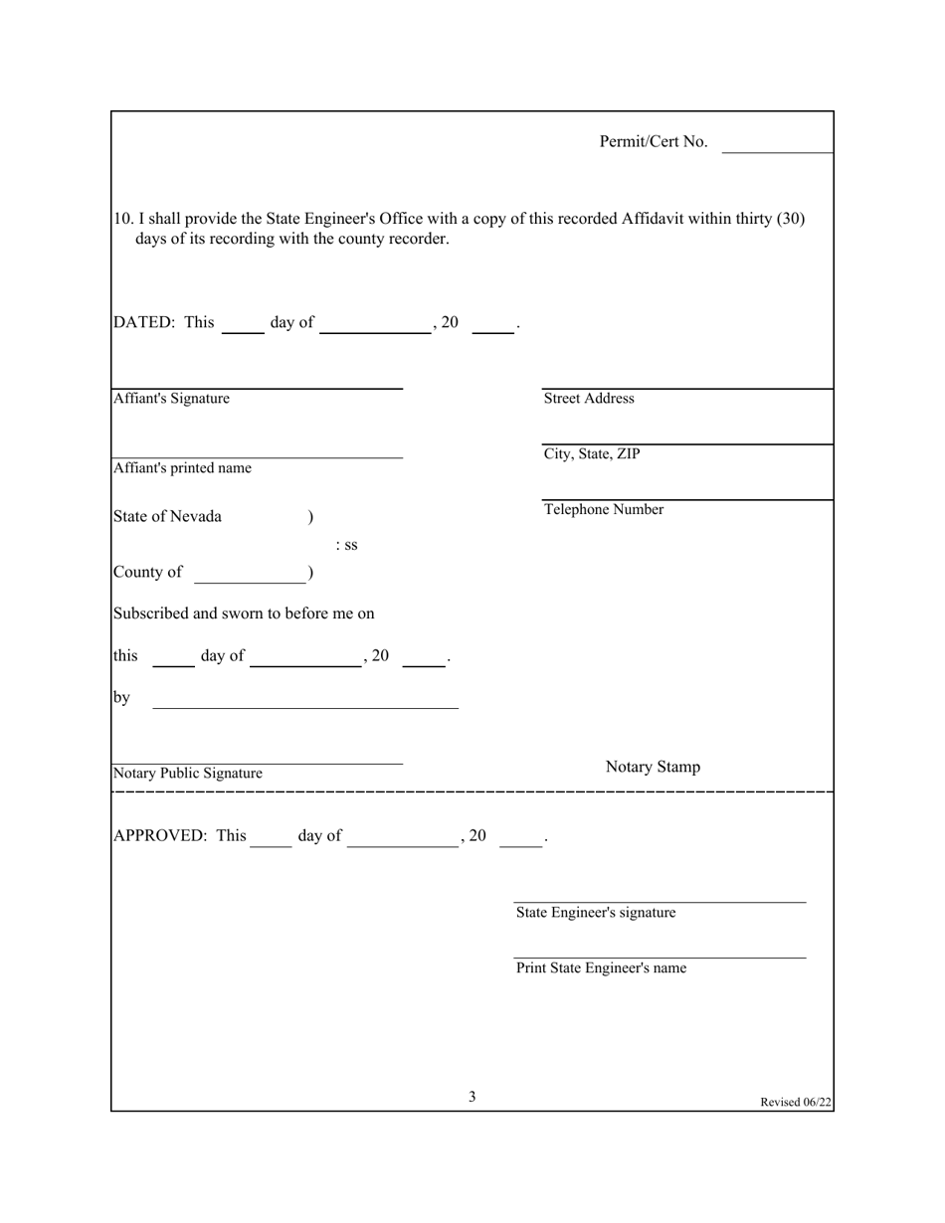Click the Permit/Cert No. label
(654, 142)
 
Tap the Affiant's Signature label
(171, 399)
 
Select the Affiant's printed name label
(182, 468)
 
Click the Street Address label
(589, 399)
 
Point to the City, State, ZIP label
(592, 454)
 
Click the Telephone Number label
(604, 510)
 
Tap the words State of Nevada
(168, 517)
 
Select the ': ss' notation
(347, 545)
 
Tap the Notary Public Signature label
(188, 774)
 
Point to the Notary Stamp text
(653, 767)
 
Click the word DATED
(145, 322)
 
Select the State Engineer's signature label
(596, 913)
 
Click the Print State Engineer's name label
(601, 968)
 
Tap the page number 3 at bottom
(472, 1097)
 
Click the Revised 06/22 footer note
(796, 1102)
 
